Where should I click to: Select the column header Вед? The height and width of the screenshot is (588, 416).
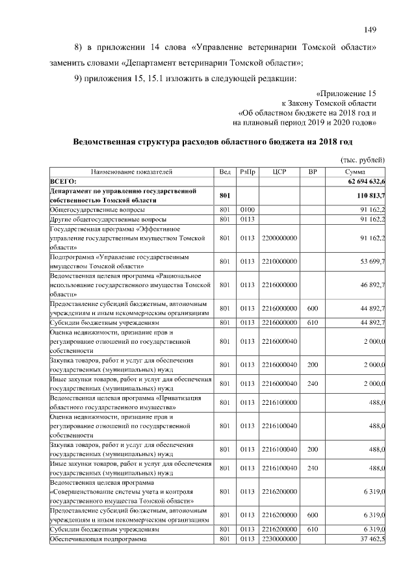pos(225,172)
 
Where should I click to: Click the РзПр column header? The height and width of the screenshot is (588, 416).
pos(248,172)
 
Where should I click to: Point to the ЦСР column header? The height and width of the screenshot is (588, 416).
pos(279,172)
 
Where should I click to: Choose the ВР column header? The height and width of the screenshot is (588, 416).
pos(312,172)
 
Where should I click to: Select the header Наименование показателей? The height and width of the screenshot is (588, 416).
pos(131,172)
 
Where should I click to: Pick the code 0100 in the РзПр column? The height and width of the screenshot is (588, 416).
pos(248,211)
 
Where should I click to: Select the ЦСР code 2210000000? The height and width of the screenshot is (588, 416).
pos(279,262)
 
